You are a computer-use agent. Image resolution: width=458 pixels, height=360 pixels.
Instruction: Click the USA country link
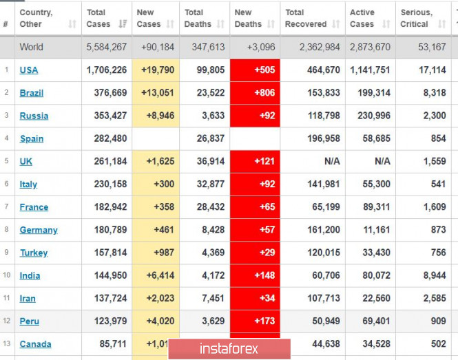[29, 70]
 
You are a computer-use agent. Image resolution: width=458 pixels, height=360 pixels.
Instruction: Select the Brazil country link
[31, 93]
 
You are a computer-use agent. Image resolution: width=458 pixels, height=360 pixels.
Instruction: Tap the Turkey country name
[34, 253]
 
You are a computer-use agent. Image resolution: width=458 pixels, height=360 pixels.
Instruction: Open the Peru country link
[30, 321]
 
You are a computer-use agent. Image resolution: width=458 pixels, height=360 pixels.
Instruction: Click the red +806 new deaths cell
[255, 93]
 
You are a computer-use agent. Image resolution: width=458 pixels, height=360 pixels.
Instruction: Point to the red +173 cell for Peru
[255, 321]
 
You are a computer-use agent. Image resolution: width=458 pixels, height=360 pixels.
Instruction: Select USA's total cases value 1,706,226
[107, 70]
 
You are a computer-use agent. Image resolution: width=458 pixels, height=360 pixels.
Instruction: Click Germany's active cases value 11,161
[375, 230]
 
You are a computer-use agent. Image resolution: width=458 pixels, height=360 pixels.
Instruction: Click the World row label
[31, 47]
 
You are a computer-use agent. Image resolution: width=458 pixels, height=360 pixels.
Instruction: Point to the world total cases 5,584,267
[107, 47]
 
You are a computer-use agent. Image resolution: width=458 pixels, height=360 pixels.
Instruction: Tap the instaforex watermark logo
[221, 349]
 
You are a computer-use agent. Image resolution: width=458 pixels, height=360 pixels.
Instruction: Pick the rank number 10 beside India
[6, 275]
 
